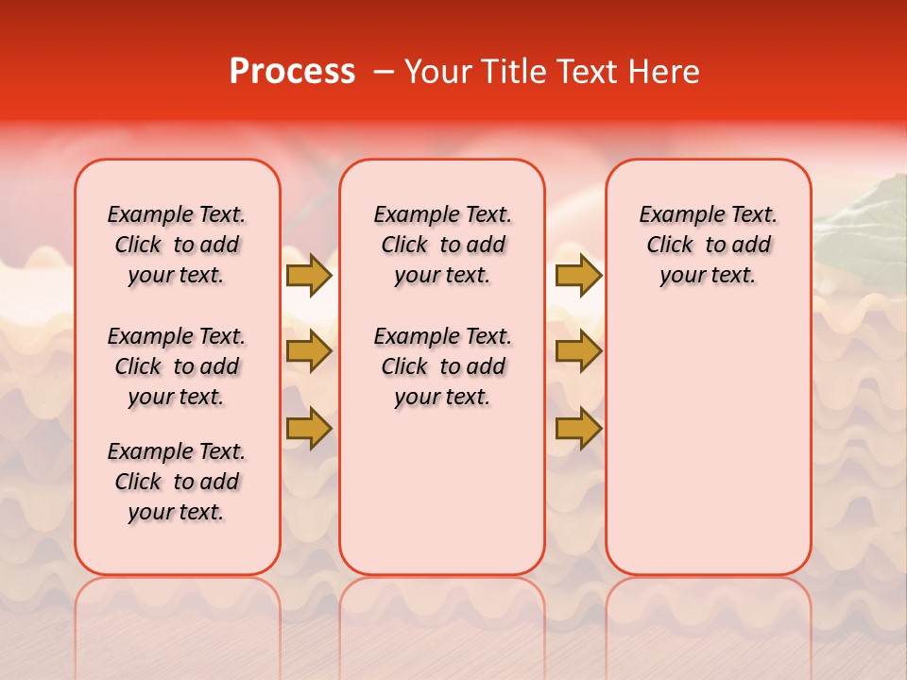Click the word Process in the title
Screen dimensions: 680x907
coord(292,72)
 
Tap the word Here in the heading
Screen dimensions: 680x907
coord(663,72)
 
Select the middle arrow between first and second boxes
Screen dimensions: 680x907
coord(309,351)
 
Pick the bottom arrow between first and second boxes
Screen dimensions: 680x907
coord(309,429)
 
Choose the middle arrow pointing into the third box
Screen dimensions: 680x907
coord(578,351)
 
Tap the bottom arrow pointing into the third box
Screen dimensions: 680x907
coord(578,429)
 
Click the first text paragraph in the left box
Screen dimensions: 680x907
coord(177,245)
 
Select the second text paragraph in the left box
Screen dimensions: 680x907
coord(177,366)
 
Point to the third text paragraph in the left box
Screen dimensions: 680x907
coord(177,482)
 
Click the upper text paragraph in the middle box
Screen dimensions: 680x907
coord(442,245)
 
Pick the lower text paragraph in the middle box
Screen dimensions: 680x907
coord(442,366)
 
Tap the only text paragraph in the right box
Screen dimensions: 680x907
coord(708,245)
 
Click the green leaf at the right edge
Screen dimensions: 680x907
coord(864,212)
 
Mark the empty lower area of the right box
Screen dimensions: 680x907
coord(708,444)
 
